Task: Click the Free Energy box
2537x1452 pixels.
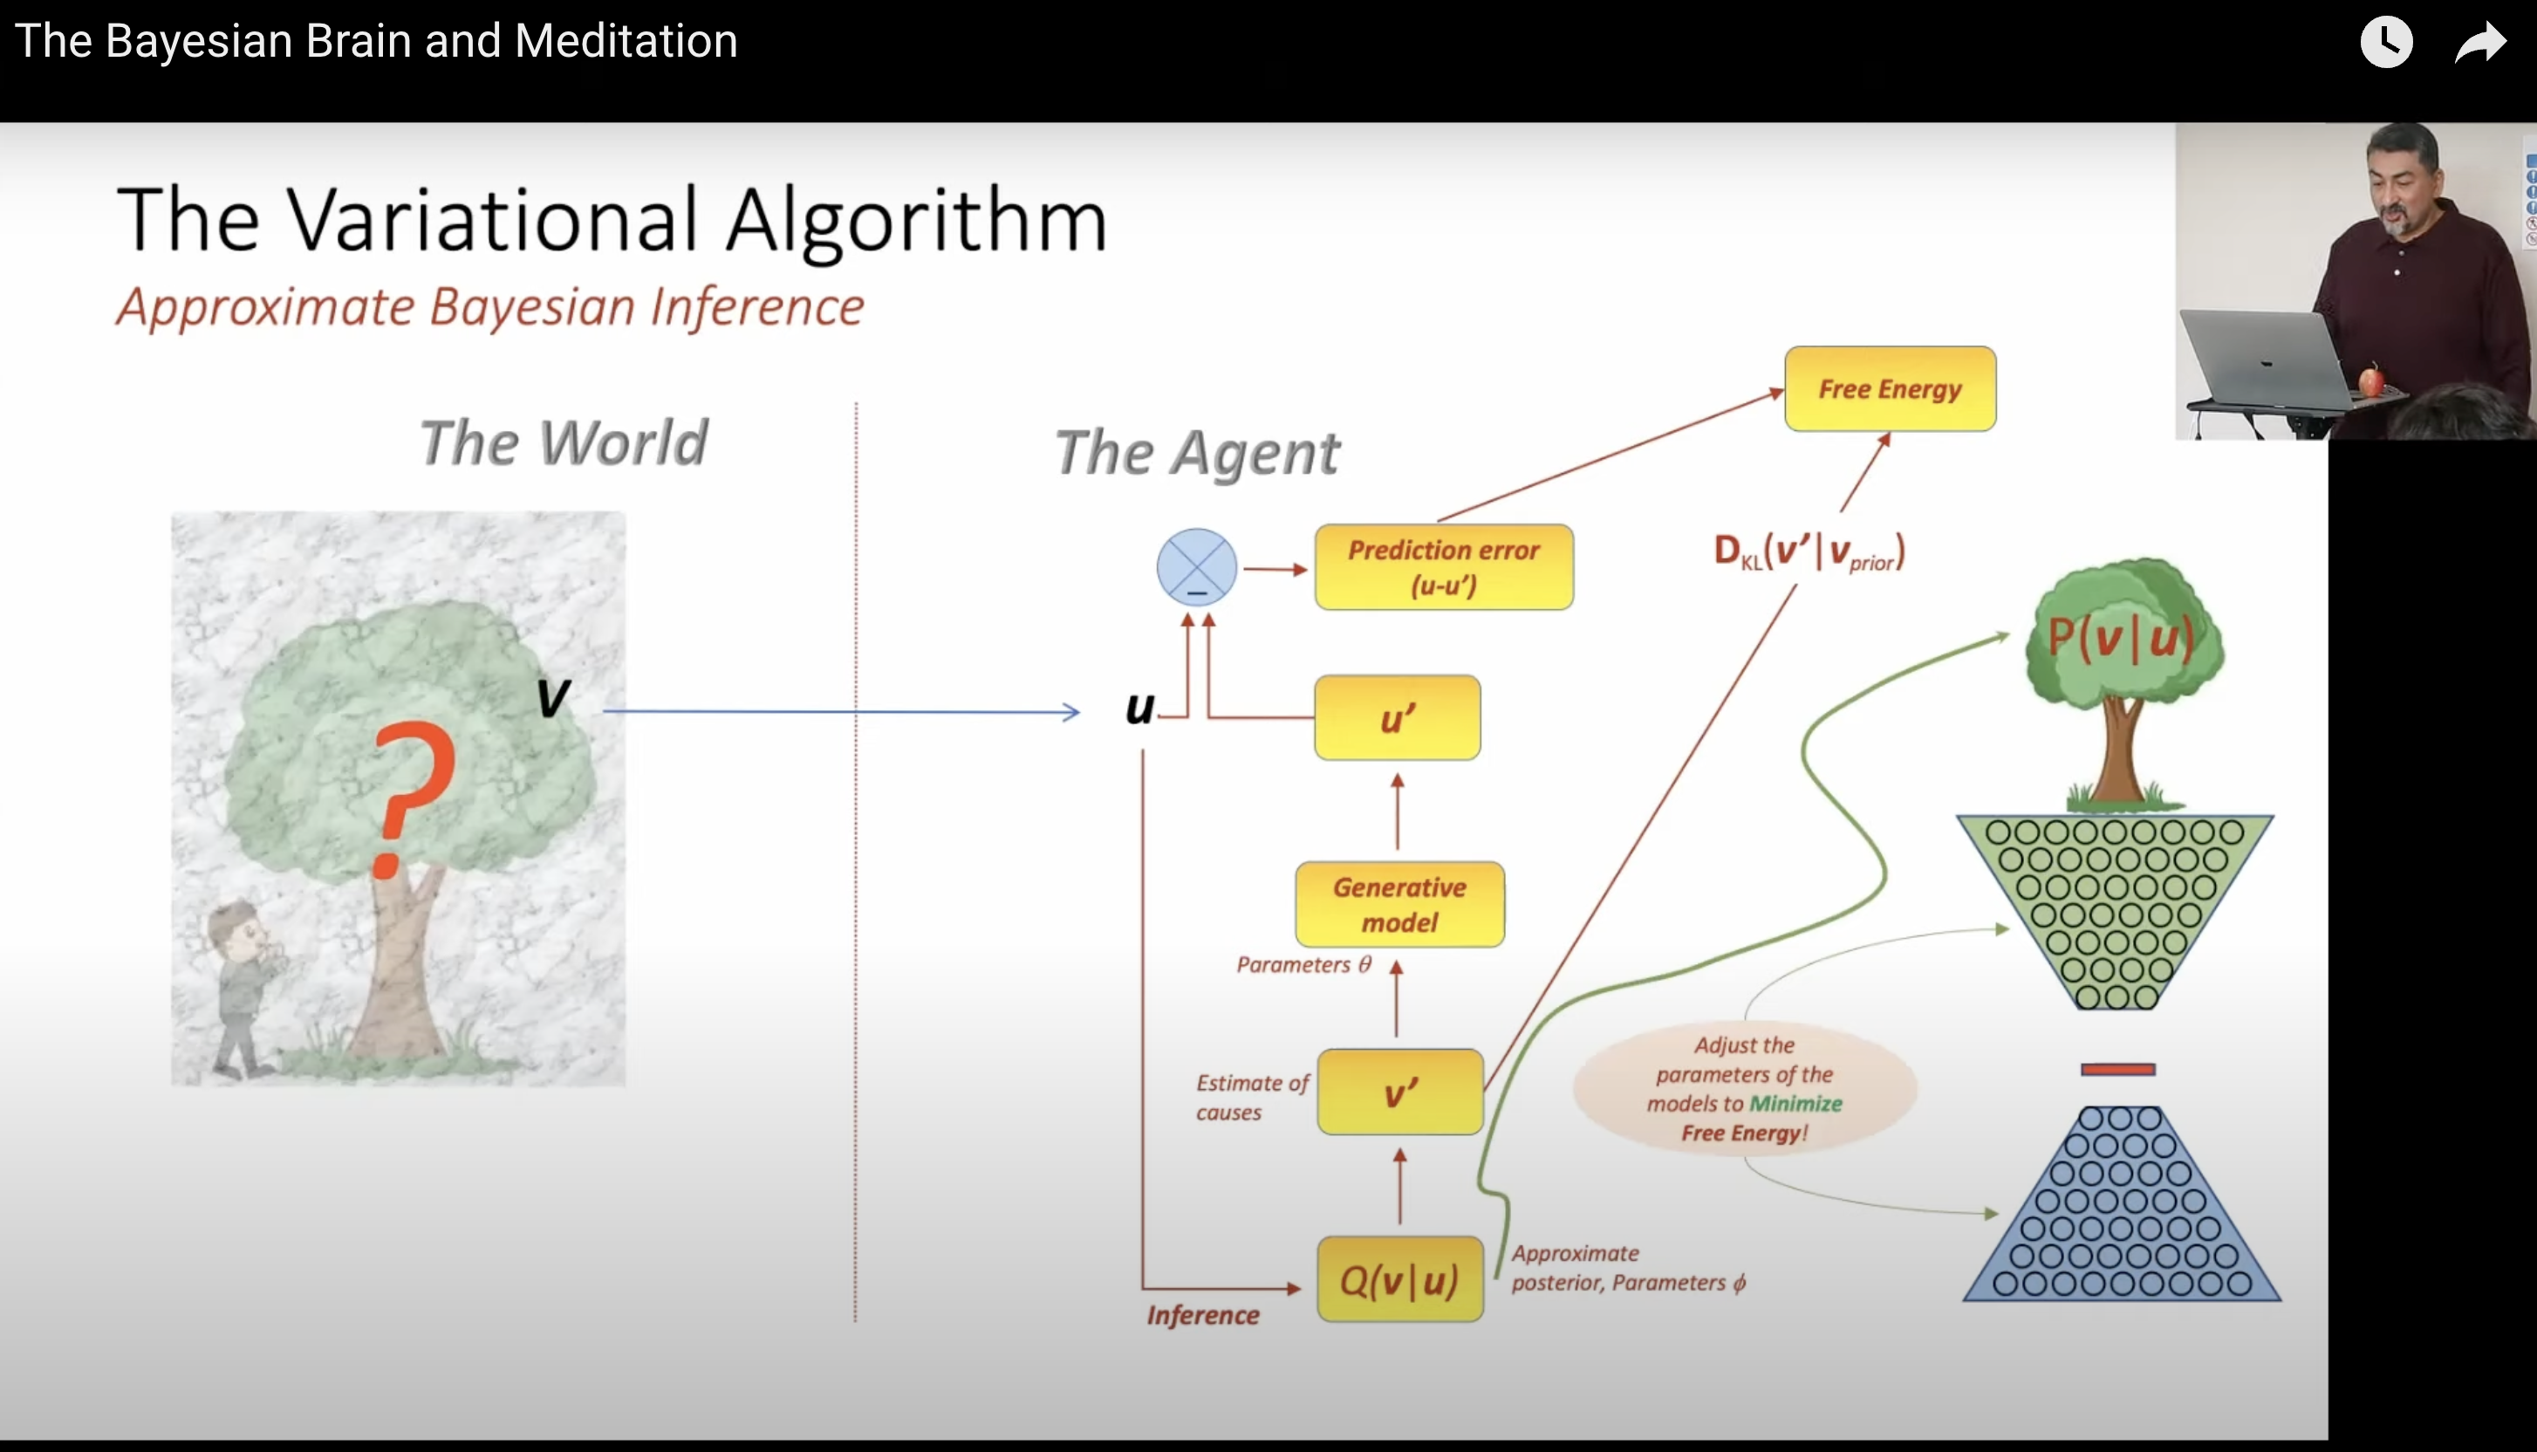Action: tap(1889, 389)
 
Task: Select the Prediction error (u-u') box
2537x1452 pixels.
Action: tap(1444, 566)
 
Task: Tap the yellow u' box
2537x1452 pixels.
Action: tap(1397, 718)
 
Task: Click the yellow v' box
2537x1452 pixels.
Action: tap(1399, 1092)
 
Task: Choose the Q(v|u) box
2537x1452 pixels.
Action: tap(1399, 1279)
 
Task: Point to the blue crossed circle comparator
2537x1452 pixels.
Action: tap(1196, 566)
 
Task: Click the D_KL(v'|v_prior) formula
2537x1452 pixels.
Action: tap(1809, 551)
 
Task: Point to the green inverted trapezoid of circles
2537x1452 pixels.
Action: tap(2116, 907)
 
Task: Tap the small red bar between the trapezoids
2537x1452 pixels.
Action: tap(2117, 1069)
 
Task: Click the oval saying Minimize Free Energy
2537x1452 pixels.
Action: tap(1745, 1089)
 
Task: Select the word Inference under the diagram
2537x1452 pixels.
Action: tap(1203, 1315)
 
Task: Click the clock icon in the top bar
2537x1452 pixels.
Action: tap(2385, 42)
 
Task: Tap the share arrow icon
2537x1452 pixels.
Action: tap(2479, 43)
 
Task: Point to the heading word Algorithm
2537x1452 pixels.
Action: tap(916, 222)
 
